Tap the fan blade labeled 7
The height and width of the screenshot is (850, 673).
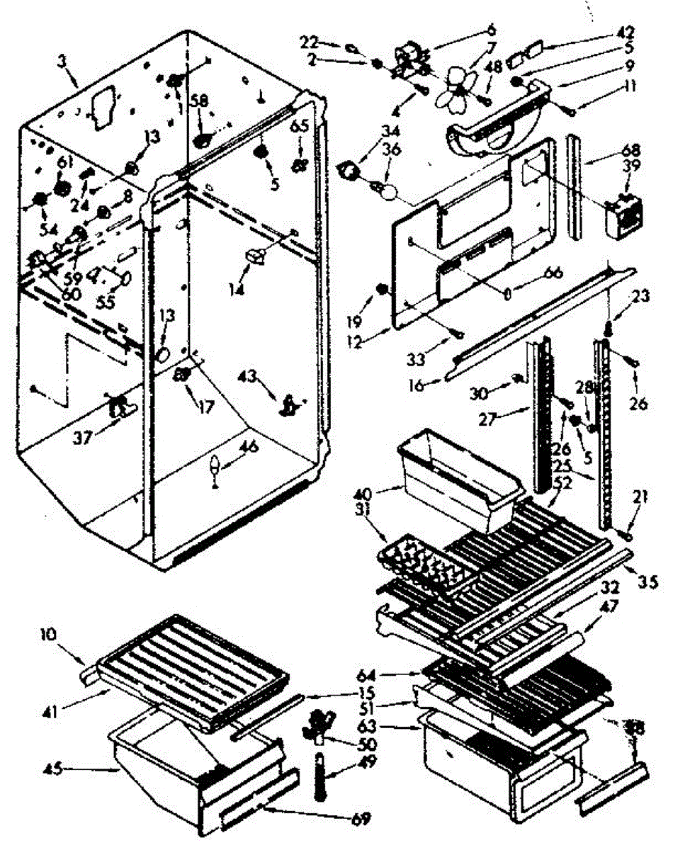(x=451, y=93)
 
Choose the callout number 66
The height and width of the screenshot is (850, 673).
(x=533, y=273)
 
